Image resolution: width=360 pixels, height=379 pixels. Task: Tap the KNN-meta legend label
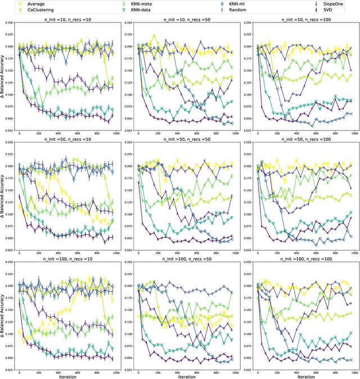point(145,3)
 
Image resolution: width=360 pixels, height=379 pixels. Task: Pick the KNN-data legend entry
point(144,10)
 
